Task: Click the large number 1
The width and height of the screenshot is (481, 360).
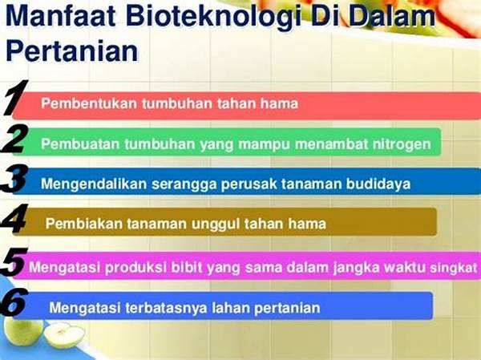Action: pos(14,98)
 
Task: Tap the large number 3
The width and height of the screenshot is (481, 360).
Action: pos(14,180)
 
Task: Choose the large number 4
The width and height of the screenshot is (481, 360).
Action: pos(14,219)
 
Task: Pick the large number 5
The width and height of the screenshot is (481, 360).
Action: pos(14,261)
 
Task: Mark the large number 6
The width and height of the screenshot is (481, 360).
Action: pos(14,302)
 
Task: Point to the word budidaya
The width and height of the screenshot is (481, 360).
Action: pos(378,184)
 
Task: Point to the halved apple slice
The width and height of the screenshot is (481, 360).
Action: pos(64,335)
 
